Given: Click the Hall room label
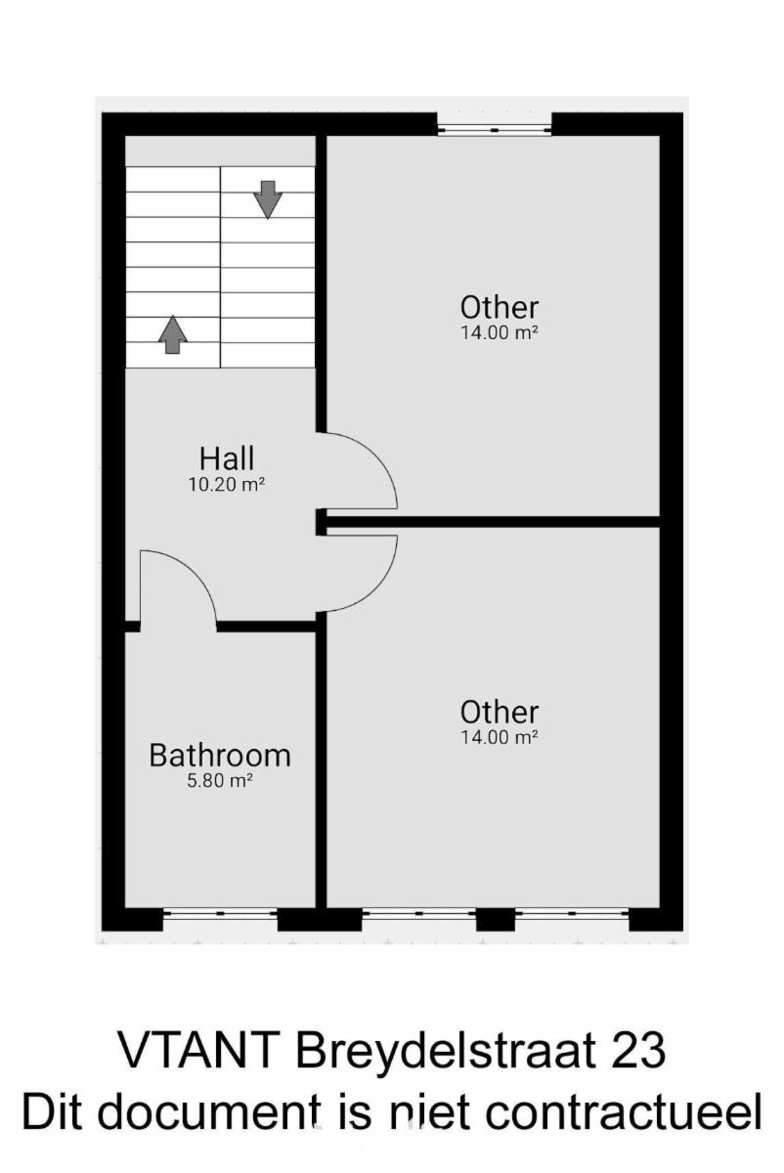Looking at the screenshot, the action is (x=227, y=458).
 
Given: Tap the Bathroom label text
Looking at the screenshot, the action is (x=220, y=756).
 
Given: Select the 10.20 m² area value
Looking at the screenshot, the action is (x=226, y=485).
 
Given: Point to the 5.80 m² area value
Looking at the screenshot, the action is (x=220, y=781).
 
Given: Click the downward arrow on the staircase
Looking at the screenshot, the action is (x=268, y=199).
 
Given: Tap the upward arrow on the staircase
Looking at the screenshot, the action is (x=173, y=334).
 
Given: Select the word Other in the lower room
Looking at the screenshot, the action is (x=500, y=713).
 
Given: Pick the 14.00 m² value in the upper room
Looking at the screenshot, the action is (x=500, y=332).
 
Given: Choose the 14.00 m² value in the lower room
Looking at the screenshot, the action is (x=500, y=737).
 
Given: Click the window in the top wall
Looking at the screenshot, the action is (x=495, y=129).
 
